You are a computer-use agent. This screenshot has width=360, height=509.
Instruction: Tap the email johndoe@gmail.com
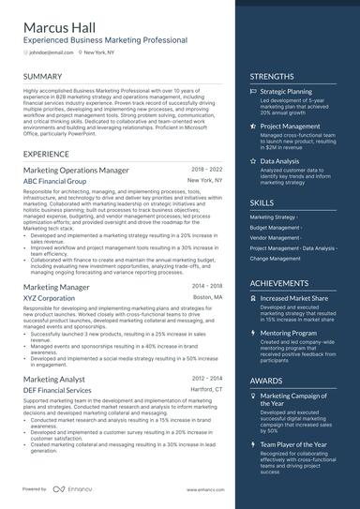pyautogui.click(x=51, y=53)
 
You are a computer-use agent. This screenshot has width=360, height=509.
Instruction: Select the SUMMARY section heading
pyautogui.click(x=43, y=76)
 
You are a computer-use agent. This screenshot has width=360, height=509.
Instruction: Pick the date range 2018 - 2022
pyautogui.click(x=207, y=169)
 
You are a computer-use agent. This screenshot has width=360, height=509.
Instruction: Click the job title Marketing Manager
pyautogui.click(x=56, y=287)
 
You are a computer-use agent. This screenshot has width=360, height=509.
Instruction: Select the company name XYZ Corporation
pyautogui.click(x=49, y=297)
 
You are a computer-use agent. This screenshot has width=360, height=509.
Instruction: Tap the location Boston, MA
pyautogui.click(x=208, y=296)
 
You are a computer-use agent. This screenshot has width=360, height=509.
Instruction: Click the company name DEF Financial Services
pyautogui.click(x=57, y=389)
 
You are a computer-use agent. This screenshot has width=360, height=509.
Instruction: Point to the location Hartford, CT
pyautogui.click(x=206, y=388)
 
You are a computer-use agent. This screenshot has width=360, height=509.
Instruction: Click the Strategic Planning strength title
pyautogui.click(x=286, y=92)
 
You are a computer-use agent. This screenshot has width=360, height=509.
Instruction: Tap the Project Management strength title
pyautogui.click(x=290, y=126)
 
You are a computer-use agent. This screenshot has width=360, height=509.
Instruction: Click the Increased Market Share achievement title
pyautogui.click(x=294, y=298)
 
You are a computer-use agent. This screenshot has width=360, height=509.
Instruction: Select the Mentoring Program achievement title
pyautogui.click(x=288, y=332)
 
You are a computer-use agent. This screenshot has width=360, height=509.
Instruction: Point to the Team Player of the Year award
pyautogui.click(x=294, y=444)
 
